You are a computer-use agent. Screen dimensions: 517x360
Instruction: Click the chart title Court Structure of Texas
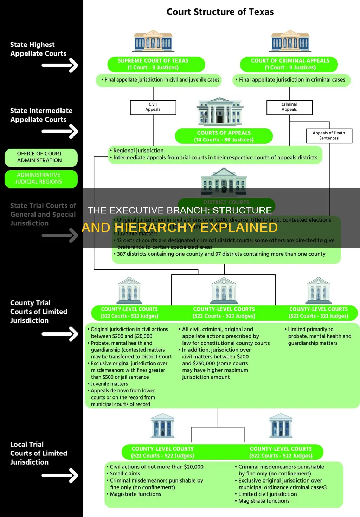tap(220, 12)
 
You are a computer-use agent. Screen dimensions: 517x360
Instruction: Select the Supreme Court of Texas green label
tap(153, 64)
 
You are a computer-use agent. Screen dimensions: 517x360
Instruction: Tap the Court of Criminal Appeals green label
tap(290, 64)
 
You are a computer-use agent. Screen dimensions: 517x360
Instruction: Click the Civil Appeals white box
tap(153, 107)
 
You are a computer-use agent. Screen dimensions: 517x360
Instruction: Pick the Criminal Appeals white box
tap(289, 107)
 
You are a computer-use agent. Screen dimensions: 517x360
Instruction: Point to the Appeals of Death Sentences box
tap(329, 135)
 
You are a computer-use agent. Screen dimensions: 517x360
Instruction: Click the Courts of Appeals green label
tap(224, 136)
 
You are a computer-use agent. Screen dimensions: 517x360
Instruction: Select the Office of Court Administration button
tap(40, 157)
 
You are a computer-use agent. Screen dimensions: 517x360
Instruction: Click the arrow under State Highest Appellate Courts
tap(60, 65)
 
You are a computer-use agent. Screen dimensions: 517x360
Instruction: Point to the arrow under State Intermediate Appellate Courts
tap(60, 132)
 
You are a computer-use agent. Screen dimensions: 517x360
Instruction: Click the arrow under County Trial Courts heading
tap(60, 334)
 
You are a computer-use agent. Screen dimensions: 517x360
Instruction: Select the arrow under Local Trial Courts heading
tap(60, 475)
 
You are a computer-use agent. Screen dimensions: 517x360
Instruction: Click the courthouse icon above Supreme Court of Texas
tap(153, 41)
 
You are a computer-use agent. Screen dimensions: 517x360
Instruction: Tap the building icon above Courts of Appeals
tap(220, 112)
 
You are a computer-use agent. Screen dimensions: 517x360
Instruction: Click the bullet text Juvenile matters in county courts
tap(109, 384)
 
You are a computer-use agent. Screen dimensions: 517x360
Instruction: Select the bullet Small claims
tap(125, 474)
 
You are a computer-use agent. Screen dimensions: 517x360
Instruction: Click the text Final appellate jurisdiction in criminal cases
tap(292, 80)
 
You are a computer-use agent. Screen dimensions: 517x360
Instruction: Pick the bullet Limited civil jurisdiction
tap(267, 494)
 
